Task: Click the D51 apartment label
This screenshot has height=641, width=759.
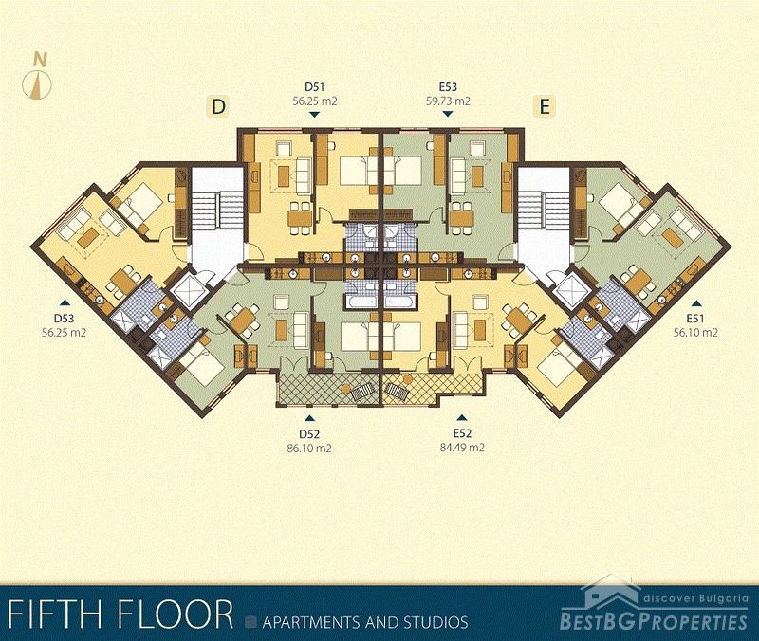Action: [x=314, y=87]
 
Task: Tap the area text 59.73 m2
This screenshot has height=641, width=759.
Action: [x=448, y=101]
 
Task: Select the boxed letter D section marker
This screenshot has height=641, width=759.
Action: [x=219, y=106]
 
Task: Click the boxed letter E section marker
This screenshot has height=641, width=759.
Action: [x=545, y=106]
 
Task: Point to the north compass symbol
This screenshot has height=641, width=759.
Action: [x=36, y=84]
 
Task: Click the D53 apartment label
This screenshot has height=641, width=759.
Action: [x=64, y=319]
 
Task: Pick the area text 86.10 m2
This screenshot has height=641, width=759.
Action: [x=309, y=448]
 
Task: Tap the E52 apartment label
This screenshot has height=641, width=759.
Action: [x=462, y=433]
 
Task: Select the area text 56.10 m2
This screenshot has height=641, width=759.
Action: [x=695, y=332]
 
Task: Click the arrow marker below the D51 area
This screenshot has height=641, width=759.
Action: [x=315, y=114]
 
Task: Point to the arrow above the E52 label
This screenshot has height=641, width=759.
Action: [x=462, y=417]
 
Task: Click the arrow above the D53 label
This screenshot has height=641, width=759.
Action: [x=64, y=302]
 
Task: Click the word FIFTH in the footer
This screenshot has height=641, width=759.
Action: [x=55, y=614]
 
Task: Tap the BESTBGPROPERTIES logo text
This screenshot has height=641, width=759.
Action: [x=654, y=621]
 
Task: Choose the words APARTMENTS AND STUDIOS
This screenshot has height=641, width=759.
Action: [x=365, y=622]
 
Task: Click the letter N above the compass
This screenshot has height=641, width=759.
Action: [x=41, y=60]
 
